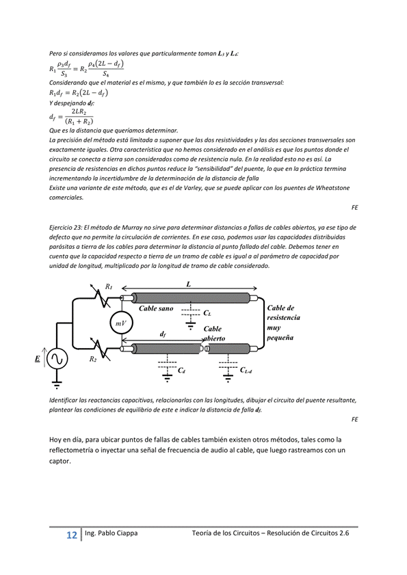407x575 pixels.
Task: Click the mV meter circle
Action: pos(121,323)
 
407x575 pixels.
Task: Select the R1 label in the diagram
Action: pos(109,286)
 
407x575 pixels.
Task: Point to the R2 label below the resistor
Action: pos(93,359)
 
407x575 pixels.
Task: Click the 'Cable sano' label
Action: pos(156,308)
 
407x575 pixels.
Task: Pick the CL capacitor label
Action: pos(207,313)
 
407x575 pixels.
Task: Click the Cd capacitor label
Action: pos(181,371)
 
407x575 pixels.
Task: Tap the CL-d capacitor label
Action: pos(246,370)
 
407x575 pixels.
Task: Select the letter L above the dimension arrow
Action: pos(189,284)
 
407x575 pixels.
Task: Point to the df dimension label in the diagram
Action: pos(163,334)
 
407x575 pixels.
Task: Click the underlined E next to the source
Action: pos(38,359)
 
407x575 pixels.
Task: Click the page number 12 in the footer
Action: pos(72,535)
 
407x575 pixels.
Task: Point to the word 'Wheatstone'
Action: pos(332,188)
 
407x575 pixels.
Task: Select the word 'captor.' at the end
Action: pos(60,462)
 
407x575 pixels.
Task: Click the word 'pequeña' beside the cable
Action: pos(280,338)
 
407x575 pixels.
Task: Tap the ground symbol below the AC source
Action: pos(57,385)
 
